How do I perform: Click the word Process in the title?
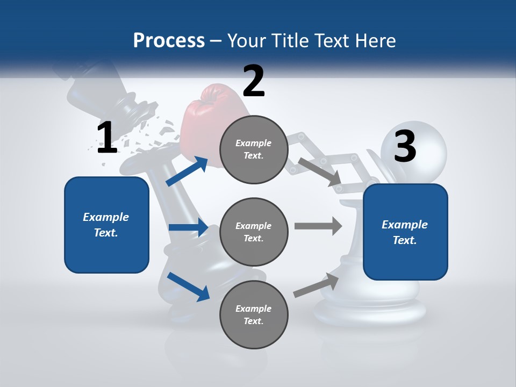pos(169,40)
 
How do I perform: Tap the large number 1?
pos(107,138)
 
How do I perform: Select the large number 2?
pos(254,81)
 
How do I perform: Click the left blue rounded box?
pos(106,225)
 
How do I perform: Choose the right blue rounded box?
pos(405,232)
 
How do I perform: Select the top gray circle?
pos(254,149)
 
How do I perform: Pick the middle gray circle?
pos(254,232)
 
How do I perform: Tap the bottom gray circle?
pos(254,314)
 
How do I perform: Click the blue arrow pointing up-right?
pos(187,171)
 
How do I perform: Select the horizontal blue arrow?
pos(188,227)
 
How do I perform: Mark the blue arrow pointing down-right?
pos(189,286)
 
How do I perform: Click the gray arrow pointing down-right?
pos(320,172)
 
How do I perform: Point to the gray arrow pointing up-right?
pos(317,285)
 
